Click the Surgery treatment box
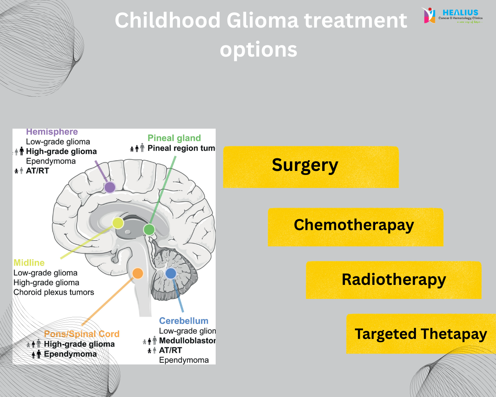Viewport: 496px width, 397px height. (310, 167)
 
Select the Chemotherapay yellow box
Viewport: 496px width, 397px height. (355, 227)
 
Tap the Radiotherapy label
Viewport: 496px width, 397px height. (393, 280)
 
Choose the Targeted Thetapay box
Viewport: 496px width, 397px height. (421, 334)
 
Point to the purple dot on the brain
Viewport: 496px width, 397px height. (110, 187)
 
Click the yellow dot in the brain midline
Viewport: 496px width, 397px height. (118, 223)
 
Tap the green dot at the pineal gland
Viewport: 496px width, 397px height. (149, 229)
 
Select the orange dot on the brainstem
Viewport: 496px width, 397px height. (137, 273)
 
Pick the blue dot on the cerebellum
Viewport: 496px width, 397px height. (171, 273)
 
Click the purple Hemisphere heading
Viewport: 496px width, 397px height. (52, 132)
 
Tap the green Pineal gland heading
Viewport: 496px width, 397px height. (174, 138)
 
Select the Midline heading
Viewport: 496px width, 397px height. (29, 263)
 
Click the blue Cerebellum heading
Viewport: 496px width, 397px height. (184, 321)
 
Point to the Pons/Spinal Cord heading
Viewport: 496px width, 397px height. (82, 334)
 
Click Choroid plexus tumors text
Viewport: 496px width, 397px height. (54, 292)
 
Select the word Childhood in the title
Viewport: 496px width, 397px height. (168, 20)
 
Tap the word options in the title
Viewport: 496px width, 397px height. (258, 50)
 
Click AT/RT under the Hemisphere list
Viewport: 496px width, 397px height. (37, 171)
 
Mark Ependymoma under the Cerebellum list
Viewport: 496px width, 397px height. (184, 360)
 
